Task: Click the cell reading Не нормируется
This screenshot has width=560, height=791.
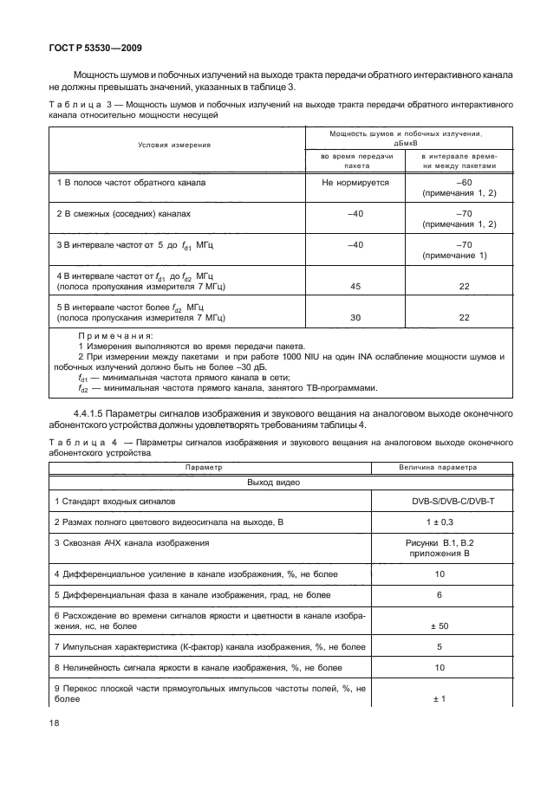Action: (x=355, y=183)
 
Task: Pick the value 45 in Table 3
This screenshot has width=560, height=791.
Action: (x=355, y=285)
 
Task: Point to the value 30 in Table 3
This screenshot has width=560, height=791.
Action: (x=355, y=317)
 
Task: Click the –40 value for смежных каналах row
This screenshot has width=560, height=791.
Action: (x=355, y=211)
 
